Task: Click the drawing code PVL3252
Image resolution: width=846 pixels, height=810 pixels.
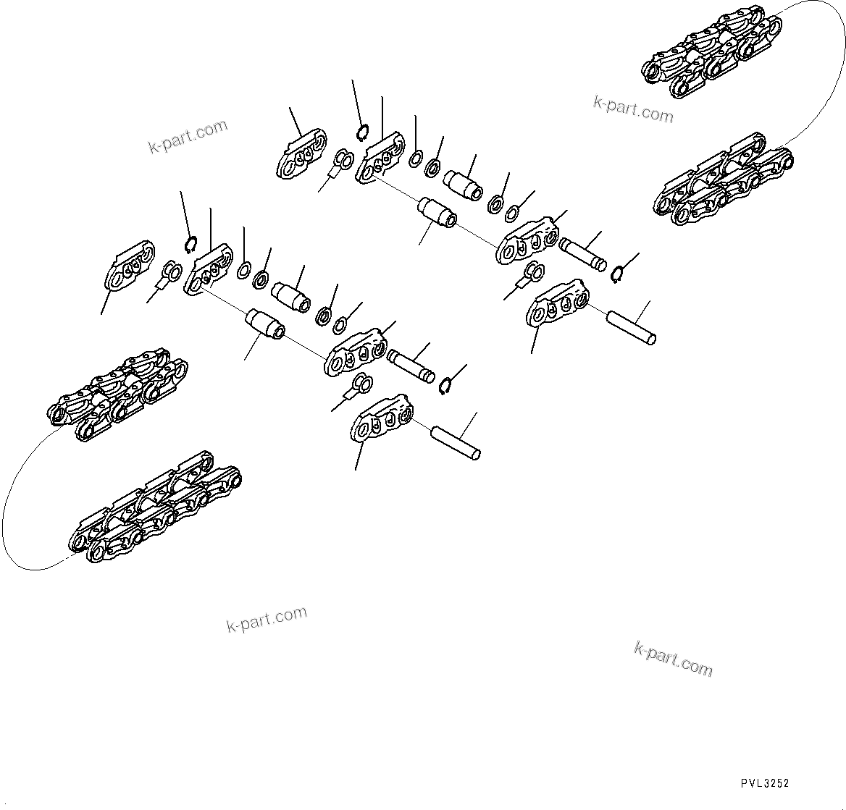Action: click(x=764, y=783)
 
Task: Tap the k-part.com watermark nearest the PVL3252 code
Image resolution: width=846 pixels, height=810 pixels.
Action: click(x=673, y=658)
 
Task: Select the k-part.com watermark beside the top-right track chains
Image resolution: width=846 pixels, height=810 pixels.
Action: click(x=633, y=110)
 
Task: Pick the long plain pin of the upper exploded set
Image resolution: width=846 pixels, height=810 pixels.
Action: click(x=631, y=327)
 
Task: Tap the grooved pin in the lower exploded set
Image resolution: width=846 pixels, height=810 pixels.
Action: click(x=411, y=366)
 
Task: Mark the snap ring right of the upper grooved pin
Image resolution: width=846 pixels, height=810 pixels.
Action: click(x=617, y=274)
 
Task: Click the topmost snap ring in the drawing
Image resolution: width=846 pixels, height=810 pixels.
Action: click(x=363, y=133)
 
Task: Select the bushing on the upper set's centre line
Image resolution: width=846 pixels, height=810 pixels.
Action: click(x=437, y=214)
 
